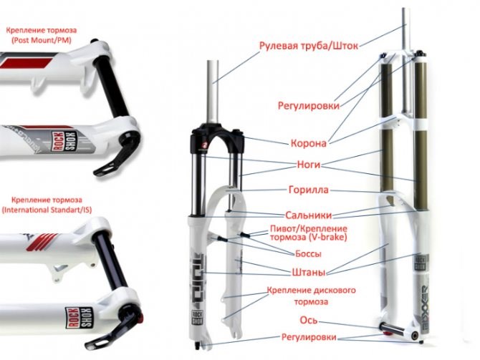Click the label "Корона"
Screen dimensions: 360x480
[x=309, y=143]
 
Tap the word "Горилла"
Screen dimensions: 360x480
[x=308, y=190]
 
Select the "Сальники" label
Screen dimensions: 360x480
[x=307, y=214]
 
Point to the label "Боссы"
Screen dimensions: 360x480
[x=308, y=253]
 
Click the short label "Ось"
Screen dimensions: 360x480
[x=309, y=321]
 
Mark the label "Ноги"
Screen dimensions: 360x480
[x=308, y=164]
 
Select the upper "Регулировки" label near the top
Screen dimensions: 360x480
[x=308, y=106]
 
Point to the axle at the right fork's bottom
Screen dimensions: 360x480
[x=394, y=331]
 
